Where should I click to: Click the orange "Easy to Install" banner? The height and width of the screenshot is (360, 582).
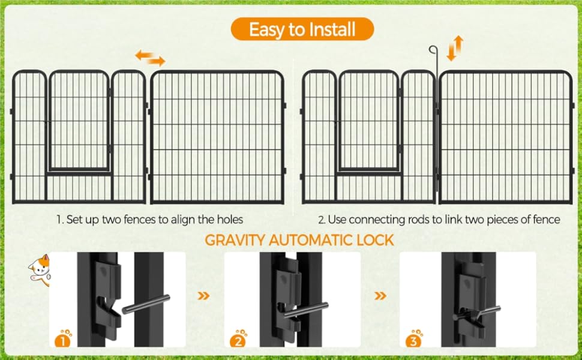click(x=302, y=29)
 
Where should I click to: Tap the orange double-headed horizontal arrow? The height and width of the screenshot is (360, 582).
click(x=150, y=58)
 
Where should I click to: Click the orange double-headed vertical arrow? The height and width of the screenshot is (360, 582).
click(x=455, y=48)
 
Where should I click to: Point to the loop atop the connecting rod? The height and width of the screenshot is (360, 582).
click(x=433, y=49)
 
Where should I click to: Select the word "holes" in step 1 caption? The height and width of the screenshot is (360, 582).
click(x=230, y=220)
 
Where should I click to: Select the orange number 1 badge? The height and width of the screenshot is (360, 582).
click(x=63, y=338)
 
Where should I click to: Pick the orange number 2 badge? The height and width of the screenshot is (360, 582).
click(x=238, y=338)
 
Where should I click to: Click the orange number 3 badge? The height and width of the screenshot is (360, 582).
click(x=413, y=338)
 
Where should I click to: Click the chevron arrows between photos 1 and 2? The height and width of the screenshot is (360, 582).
click(x=203, y=296)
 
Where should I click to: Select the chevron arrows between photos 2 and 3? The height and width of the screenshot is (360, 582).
click(x=380, y=296)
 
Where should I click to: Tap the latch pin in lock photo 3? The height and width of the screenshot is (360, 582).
click(x=477, y=313)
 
